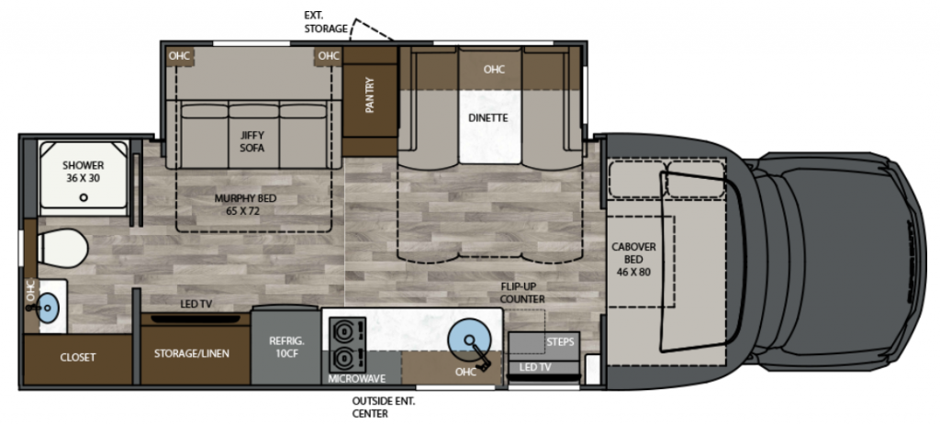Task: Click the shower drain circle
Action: pos(84,197)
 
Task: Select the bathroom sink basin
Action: pos(49,308)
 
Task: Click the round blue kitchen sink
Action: pos(466,337)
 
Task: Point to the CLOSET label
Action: pos(78,357)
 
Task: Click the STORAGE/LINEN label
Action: pos(191,353)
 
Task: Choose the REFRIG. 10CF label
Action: pos(286,347)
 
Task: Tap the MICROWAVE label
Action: pos(357,378)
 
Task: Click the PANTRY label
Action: pos(369,95)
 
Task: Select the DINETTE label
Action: pos(488,118)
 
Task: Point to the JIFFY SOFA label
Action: pos(252,141)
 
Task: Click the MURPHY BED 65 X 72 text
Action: pos(246,204)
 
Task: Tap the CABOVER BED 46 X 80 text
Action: pos(633,259)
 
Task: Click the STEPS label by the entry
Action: pos(561,341)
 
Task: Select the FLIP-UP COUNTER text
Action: pos(522,293)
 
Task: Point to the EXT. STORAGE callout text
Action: pos(326,22)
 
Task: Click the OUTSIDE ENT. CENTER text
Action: pos(384,408)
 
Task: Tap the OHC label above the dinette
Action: pos(494,70)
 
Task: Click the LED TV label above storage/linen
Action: pos(196,305)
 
